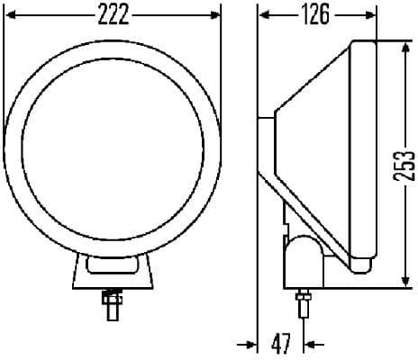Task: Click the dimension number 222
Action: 113,15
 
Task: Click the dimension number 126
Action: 315,15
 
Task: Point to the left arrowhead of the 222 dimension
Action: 11,15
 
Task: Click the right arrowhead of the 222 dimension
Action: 215,15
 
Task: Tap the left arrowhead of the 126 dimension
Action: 263,15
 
